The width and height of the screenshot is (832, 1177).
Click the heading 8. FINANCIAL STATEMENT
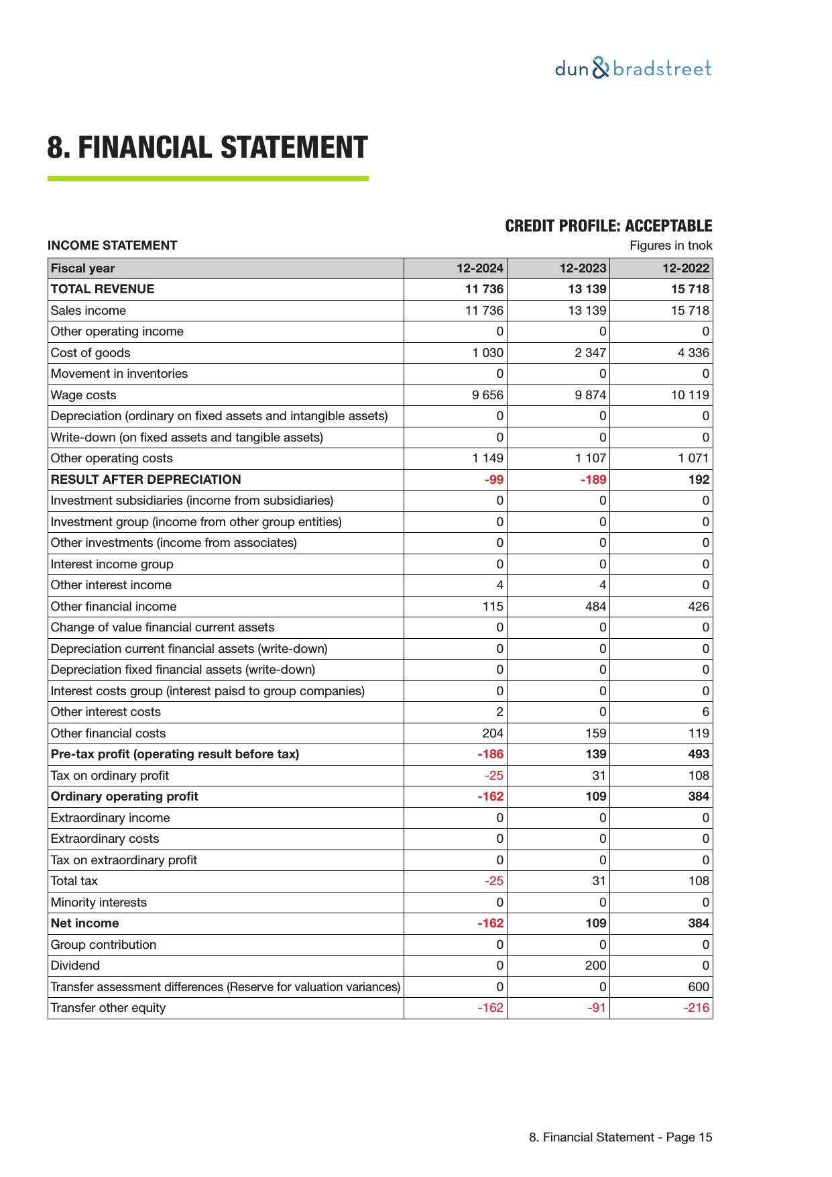point(207,148)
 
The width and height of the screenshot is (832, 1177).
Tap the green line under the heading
point(207,178)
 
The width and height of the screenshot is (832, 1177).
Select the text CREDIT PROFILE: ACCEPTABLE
point(608,226)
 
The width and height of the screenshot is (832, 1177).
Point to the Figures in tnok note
point(670,246)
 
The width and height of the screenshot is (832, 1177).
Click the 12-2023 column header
point(583,268)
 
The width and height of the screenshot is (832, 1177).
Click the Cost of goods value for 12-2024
point(487,353)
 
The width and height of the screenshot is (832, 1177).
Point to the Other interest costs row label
point(106,712)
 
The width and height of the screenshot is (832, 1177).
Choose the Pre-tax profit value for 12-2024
point(490,754)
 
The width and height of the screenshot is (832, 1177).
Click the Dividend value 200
point(595,966)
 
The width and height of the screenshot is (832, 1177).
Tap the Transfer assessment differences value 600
point(698,987)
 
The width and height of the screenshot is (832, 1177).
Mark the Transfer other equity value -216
point(696,1008)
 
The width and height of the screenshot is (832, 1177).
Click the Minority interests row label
point(99,903)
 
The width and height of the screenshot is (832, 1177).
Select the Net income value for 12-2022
point(698,923)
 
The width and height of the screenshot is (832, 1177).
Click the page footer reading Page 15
point(620,1137)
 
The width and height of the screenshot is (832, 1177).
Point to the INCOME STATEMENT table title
point(113,246)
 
